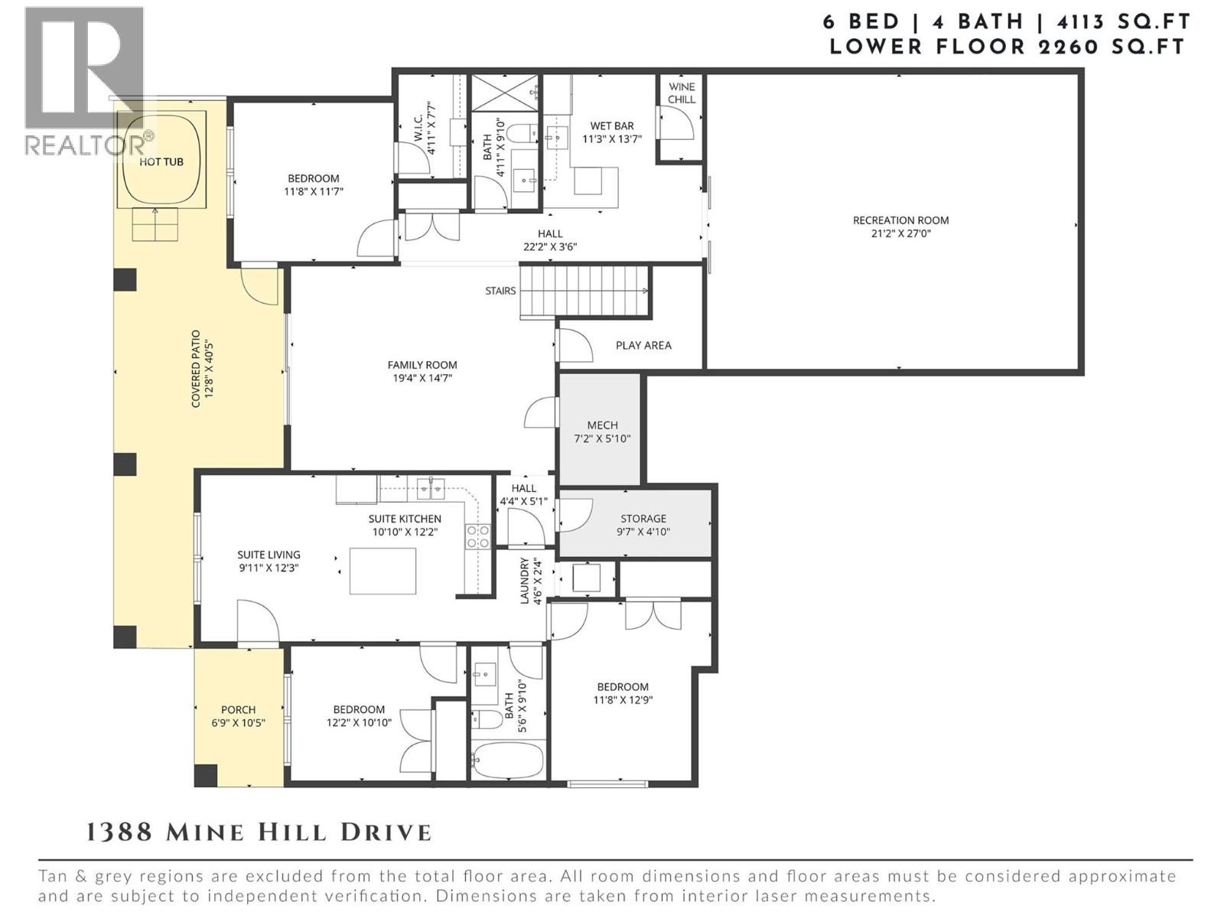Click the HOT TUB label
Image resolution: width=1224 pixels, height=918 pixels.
coord(161,162)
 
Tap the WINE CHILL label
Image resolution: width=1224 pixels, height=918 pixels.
coord(682,93)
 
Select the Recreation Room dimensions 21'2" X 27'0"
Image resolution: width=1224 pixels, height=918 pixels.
coord(900,234)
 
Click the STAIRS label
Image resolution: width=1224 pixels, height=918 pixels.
coord(500,291)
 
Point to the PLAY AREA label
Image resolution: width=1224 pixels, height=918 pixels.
coord(643,345)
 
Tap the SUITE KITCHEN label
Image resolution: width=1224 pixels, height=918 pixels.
coord(405,519)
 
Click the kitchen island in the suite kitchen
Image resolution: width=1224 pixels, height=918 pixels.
coord(383,571)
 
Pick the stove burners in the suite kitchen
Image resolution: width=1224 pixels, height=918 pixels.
coord(478,536)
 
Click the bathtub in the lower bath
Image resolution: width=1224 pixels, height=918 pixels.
coord(508,760)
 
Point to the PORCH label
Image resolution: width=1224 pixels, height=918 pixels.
coord(238,710)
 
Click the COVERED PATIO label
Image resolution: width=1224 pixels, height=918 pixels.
coord(196,369)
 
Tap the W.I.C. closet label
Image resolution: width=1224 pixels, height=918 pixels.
coord(418,129)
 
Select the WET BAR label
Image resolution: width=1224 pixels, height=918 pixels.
coord(611,126)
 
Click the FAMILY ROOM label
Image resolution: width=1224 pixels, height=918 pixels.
coord(422,365)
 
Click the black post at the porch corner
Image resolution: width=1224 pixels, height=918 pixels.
coord(206,775)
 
